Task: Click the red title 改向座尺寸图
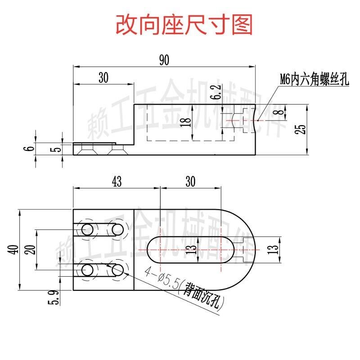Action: [x=184, y=25]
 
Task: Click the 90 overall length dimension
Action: [x=164, y=61]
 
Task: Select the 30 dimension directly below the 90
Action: [x=103, y=78]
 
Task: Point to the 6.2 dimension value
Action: [x=216, y=93]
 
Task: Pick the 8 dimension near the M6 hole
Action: [x=281, y=113]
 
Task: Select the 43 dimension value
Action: [x=116, y=181]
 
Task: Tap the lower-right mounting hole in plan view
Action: [x=118, y=270]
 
